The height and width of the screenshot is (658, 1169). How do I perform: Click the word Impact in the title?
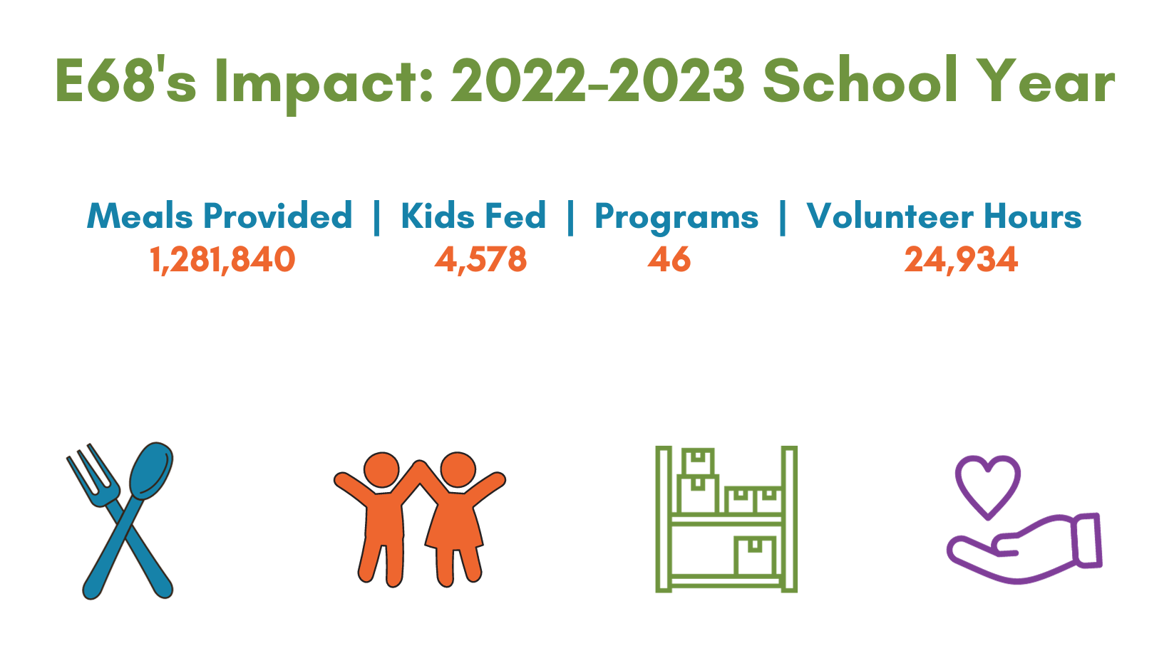pyautogui.click(x=324, y=83)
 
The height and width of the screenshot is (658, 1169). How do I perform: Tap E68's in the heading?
pyautogui.click(x=125, y=78)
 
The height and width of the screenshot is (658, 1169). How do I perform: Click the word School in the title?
pyautogui.click(x=860, y=78)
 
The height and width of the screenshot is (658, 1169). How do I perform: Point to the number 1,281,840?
pyautogui.click(x=222, y=260)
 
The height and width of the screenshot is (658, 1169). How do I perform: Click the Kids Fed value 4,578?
pyautogui.click(x=480, y=260)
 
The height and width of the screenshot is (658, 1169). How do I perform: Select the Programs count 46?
pyautogui.click(x=669, y=259)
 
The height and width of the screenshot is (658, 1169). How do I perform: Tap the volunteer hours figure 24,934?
pyautogui.click(x=961, y=260)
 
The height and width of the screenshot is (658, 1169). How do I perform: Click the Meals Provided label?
pyautogui.click(x=220, y=215)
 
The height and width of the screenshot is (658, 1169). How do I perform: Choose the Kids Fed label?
pyautogui.click(x=473, y=215)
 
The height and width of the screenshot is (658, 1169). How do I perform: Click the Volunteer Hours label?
pyautogui.click(x=944, y=215)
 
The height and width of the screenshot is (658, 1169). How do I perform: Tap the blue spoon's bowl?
pyautogui.click(x=151, y=471)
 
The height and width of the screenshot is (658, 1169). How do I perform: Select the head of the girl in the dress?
pyautogui.click(x=458, y=470)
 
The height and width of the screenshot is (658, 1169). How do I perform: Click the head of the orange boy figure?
pyautogui.click(x=381, y=470)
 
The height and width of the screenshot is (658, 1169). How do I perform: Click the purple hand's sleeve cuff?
pyautogui.click(x=1087, y=540)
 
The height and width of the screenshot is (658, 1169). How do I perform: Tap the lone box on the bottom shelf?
pyautogui.click(x=754, y=556)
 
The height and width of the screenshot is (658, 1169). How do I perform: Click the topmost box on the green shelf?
pyautogui.click(x=698, y=461)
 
